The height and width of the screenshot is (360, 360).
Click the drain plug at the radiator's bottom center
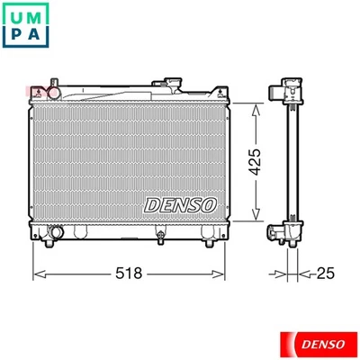[160, 238]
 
